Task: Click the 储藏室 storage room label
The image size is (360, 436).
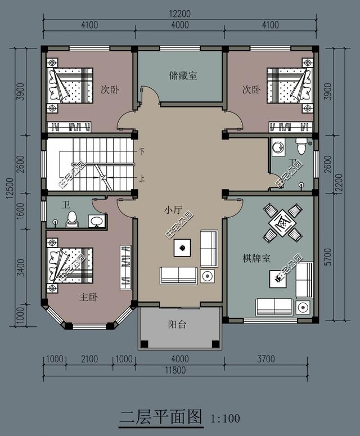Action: (183, 75)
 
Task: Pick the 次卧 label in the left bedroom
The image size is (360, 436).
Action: (109, 89)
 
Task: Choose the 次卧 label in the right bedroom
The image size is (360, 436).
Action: (251, 89)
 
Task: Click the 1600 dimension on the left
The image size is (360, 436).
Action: (20, 209)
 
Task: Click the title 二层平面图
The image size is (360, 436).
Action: (161, 417)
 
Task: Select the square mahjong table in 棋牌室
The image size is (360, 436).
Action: (282, 221)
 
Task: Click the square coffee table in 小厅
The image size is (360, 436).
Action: (182, 246)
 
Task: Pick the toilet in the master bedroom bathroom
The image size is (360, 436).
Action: (71, 218)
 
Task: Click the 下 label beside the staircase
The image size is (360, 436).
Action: (142, 152)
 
